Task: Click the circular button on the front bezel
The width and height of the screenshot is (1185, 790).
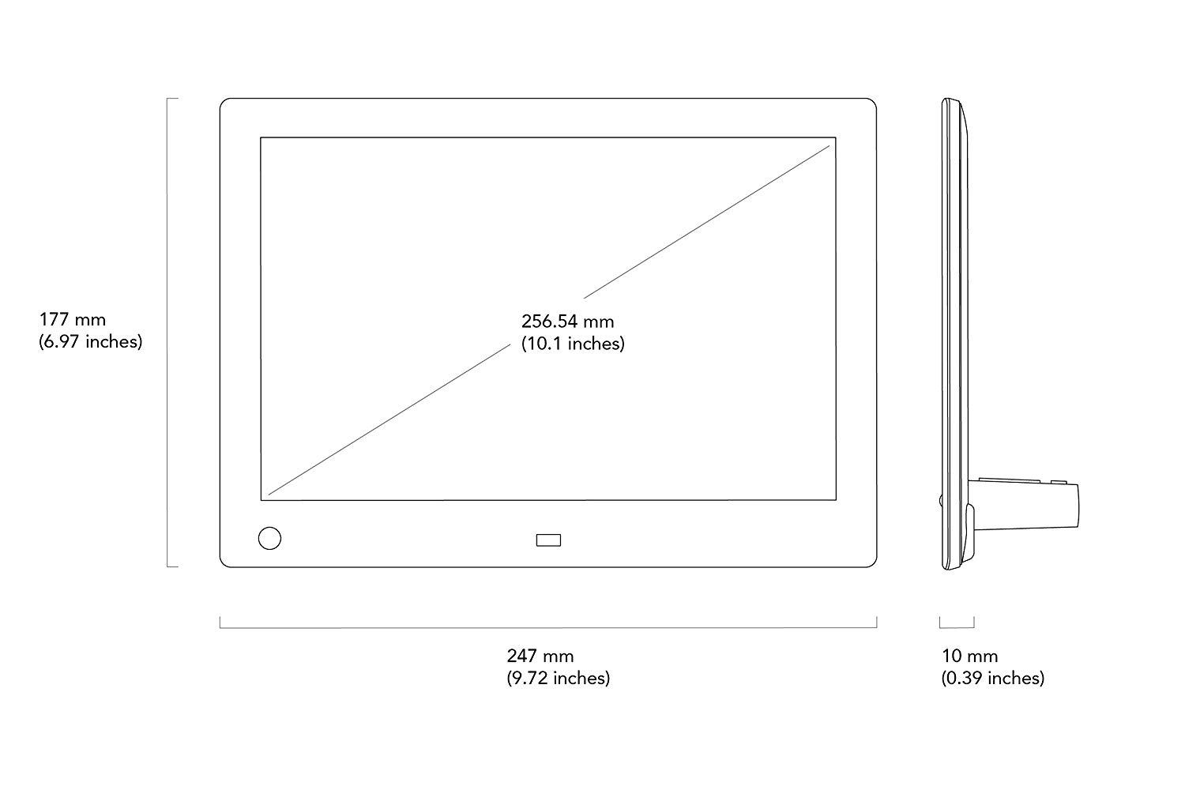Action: tap(269, 538)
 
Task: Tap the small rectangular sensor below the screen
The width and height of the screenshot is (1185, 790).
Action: tap(548, 540)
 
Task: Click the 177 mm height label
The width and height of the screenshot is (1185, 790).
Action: tap(73, 320)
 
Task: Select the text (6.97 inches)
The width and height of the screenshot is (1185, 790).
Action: tap(91, 342)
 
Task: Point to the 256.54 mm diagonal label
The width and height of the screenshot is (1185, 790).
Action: tap(568, 322)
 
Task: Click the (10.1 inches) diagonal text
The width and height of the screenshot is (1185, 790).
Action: tap(573, 344)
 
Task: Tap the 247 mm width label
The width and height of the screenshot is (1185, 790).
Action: tap(540, 656)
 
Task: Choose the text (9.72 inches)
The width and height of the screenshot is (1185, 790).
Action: tap(558, 679)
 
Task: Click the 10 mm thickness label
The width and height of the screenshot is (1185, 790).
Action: tap(969, 656)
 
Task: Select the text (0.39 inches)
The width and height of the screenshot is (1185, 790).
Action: tap(993, 679)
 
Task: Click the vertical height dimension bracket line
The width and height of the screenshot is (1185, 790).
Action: tap(167, 333)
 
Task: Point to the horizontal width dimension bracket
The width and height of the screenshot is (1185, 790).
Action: tap(548, 627)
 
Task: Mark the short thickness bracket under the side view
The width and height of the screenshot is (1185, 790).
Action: tap(957, 627)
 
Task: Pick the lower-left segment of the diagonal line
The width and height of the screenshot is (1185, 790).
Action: tap(389, 419)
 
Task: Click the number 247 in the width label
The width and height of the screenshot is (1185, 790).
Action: tap(522, 656)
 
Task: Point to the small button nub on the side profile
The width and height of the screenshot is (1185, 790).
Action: tap(941, 500)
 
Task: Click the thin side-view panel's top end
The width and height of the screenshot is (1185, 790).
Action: tap(950, 100)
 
